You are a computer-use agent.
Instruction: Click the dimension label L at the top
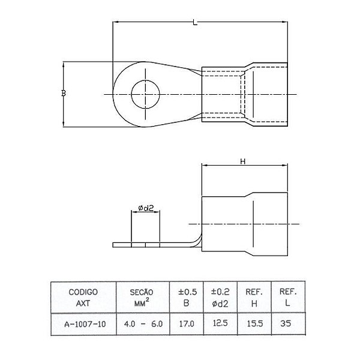[195, 22]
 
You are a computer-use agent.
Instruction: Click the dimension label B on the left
[64, 93]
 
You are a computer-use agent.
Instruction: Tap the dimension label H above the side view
[242, 161]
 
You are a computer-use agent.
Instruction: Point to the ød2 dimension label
[146, 208]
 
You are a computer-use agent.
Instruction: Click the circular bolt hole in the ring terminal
[146, 94]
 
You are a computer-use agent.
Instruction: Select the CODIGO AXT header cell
[83, 298]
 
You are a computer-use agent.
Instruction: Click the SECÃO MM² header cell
[143, 298]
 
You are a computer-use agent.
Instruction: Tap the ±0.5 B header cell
[187, 298]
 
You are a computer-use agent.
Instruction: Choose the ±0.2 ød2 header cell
[220, 298]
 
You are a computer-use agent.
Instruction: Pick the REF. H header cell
[254, 298]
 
